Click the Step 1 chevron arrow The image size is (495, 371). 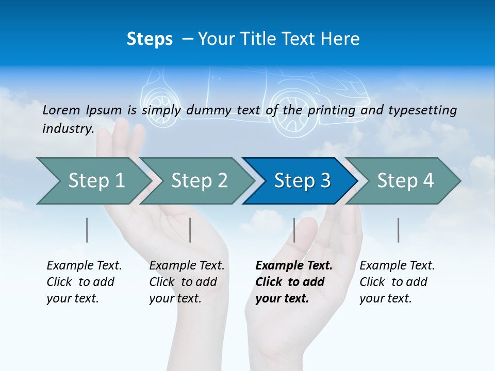point(93,181)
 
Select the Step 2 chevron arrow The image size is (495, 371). point(199,181)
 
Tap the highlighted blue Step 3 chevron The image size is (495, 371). point(302,181)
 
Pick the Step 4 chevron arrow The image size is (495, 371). point(405,181)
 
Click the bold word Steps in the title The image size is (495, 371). point(150,39)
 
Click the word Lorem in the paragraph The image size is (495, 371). point(61,110)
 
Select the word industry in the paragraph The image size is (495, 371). point(68,128)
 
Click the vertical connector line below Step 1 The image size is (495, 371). point(87,230)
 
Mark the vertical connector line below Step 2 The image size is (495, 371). point(190,230)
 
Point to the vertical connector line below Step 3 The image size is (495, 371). point(294,230)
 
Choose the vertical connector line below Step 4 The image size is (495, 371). point(399,230)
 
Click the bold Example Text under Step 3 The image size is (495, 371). point(294,266)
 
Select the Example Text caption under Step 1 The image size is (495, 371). point(84,266)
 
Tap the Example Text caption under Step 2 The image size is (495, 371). point(187,266)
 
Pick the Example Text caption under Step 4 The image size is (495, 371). point(397,266)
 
